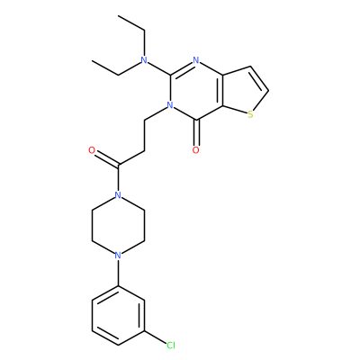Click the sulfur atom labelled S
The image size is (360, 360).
[250, 114]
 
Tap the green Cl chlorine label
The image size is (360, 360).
[171, 346]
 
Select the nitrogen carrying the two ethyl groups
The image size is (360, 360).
[145, 60]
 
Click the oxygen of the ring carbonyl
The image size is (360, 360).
[196, 150]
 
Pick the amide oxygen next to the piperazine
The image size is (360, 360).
[92, 150]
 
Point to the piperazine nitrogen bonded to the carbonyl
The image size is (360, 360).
[119, 195]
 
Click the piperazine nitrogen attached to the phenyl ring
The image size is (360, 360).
[119, 256]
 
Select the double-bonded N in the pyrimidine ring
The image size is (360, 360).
[196, 60]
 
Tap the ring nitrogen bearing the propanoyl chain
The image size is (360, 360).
[170, 105]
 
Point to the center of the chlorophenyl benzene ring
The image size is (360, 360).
[119, 316]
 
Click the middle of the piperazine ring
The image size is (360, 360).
[119, 226]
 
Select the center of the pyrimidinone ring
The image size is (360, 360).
[196, 90]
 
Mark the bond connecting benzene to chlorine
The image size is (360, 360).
[156, 337]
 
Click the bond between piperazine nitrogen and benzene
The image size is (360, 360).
[119, 273]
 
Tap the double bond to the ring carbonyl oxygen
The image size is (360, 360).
[196, 133]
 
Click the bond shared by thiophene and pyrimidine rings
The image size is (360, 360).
[222, 90]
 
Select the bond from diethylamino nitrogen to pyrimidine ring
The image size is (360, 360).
[159, 68]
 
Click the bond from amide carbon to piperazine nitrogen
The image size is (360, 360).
[119, 178]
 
